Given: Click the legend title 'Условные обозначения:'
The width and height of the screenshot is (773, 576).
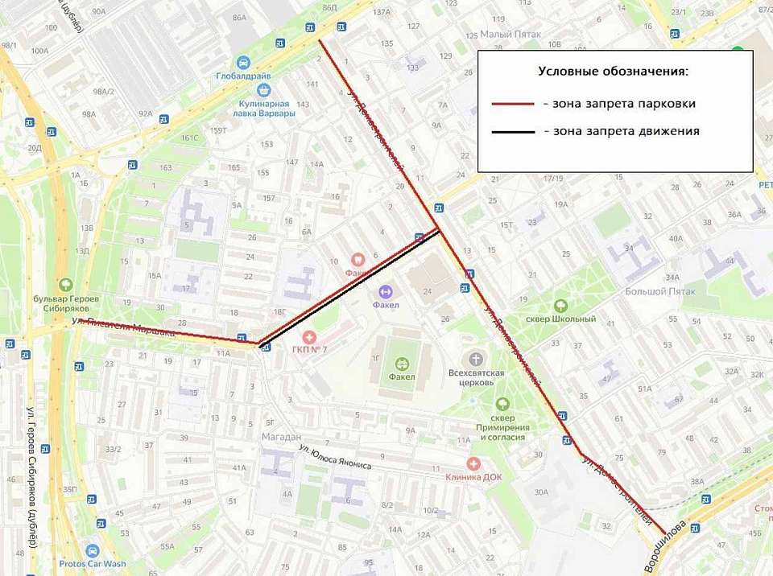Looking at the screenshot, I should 613,72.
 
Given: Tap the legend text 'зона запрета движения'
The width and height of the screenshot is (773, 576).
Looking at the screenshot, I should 621,131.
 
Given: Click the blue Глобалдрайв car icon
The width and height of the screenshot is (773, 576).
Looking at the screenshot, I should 243,62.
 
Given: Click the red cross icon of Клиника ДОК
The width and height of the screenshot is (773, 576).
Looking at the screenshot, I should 473,463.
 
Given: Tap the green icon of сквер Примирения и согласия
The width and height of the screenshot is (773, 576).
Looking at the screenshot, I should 502,405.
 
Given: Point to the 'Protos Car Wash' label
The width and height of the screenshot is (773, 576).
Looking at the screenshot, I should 92,564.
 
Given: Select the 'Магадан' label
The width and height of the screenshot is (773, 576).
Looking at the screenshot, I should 280,436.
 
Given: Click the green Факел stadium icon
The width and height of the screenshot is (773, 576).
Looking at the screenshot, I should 402,364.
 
